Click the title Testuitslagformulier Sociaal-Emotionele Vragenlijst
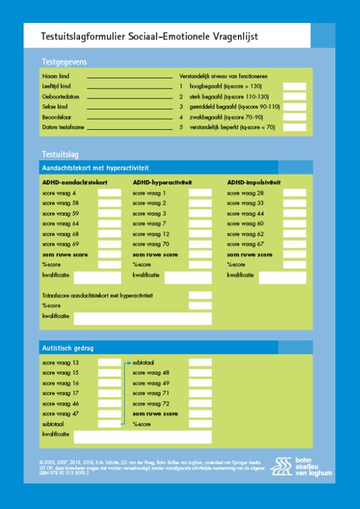coord(149,38)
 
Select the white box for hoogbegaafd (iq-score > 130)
coord(294,86)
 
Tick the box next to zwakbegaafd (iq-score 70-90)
coord(294,117)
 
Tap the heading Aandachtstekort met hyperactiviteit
coord(95,168)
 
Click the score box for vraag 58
coord(109,203)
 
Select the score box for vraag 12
coord(200,234)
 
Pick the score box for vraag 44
coord(294,213)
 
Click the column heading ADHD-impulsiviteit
coord(254,182)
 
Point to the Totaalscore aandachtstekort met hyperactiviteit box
coord(200,295)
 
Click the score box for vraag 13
coord(109,362)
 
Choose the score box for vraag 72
coord(200,403)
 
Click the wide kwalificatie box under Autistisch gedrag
coord(142,436)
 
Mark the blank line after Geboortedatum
coord(129,97)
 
